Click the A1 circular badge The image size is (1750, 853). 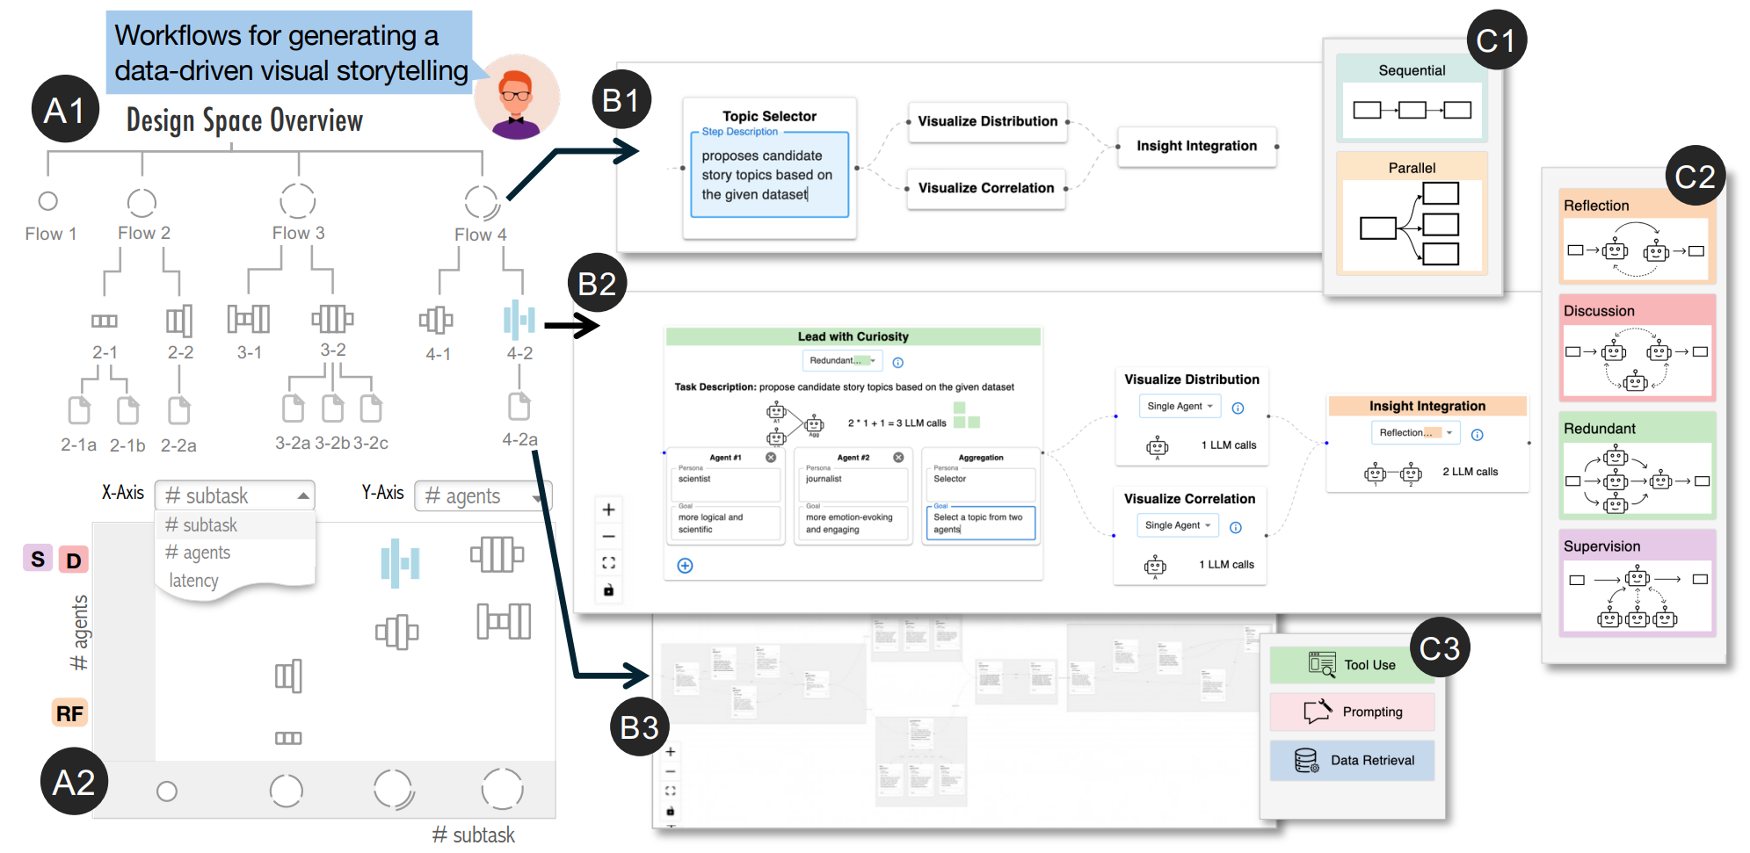pyautogui.click(x=64, y=111)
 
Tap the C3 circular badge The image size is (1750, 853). pyautogui.click(x=1439, y=648)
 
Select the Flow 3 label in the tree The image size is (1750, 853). pyautogui.click(x=298, y=233)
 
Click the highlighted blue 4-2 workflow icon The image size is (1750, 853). pyautogui.click(x=519, y=320)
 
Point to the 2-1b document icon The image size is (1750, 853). pyautogui.click(x=128, y=410)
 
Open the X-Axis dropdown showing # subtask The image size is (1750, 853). pyautogui.click(x=235, y=495)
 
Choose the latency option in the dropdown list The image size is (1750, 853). pyautogui.click(x=193, y=581)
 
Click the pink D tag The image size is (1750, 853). pyautogui.click(x=74, y=560)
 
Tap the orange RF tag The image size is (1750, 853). pyautogui.click(x=69, y=713)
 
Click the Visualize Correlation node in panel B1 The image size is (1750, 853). pyautogui.click(x=985, y=188)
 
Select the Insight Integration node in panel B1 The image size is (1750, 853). pyautogui.click(x=1196, y=146)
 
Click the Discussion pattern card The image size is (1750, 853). pyautogui.click(x=1637, y=347)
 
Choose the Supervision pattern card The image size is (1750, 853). pyautogui.click(x=1637, y=582)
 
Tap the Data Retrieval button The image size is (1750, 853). pyautogui.click(x=1352, y=760)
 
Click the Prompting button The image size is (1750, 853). pyautogui.click(x=1352, y=712)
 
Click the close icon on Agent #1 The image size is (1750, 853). pyautogui.click(x=771, y=458)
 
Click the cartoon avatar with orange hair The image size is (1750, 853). pyautogui.click(x=517, y=97)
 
